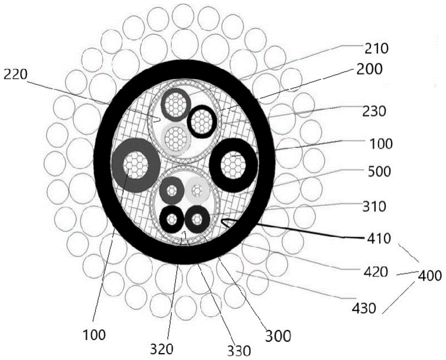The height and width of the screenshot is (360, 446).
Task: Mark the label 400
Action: pyautogui.click(x=429, y=275)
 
